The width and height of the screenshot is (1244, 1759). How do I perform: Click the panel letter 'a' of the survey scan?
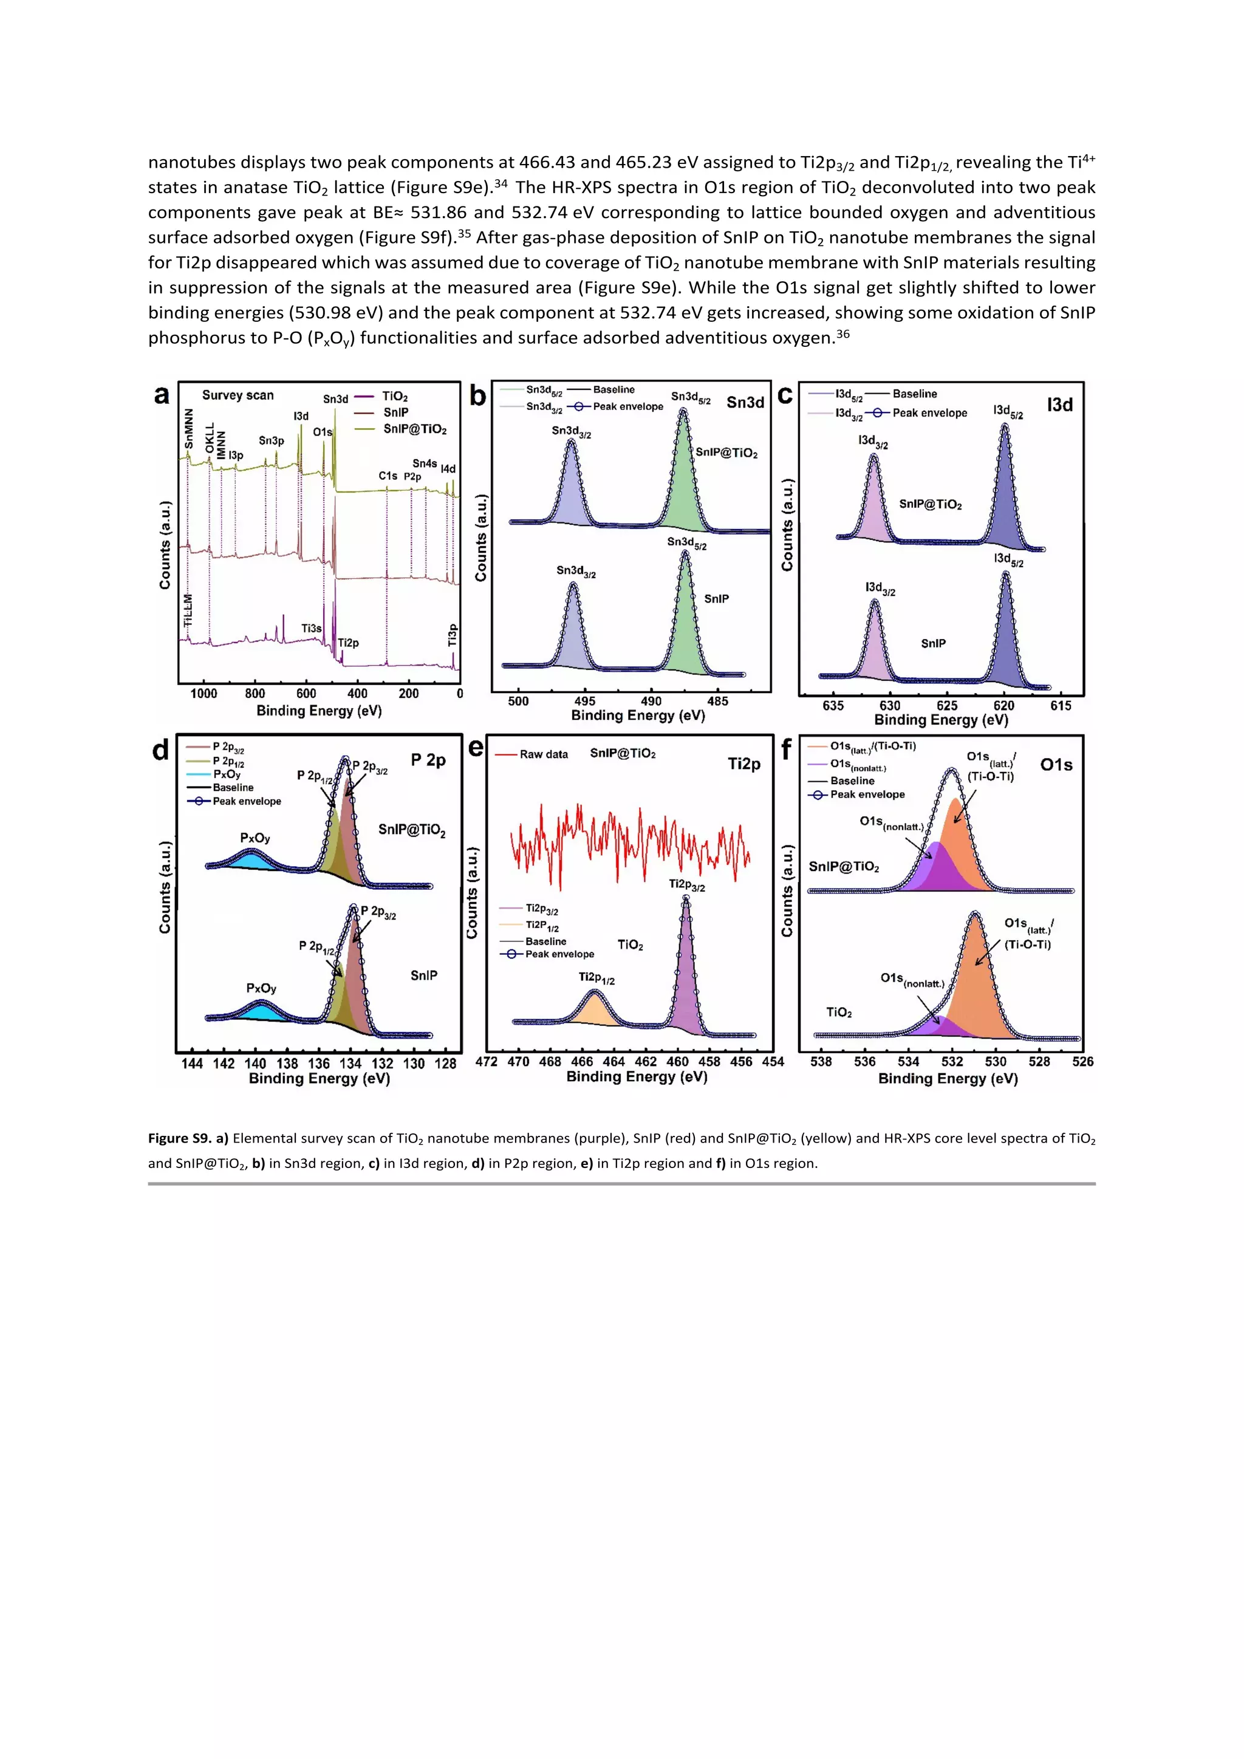[162, 395]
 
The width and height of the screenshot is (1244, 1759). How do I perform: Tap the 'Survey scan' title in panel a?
[238, 395]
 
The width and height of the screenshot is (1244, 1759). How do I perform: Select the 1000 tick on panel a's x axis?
[203, 694]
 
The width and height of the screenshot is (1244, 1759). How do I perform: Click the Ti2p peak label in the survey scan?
[349, 643]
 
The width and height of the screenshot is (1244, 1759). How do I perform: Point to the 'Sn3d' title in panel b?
[745, 402]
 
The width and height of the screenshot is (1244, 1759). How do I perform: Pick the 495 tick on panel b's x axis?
[584, 701]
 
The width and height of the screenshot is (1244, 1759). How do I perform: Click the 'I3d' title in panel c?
[1059, 405]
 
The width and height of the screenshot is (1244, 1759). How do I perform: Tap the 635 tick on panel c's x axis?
[833, 706]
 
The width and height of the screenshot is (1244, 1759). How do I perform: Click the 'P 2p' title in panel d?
[428, 760]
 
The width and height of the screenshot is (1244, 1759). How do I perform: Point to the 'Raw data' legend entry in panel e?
[544, 754]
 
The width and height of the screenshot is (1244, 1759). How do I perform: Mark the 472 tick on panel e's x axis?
[487, 1062]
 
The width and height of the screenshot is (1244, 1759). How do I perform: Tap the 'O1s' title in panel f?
[1056, 765]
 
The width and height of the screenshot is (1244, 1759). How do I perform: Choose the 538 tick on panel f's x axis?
[821, 1062]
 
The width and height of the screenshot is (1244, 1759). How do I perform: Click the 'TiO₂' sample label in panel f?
[839, 1013]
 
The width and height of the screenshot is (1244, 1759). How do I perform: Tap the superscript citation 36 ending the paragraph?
[842, 333]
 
